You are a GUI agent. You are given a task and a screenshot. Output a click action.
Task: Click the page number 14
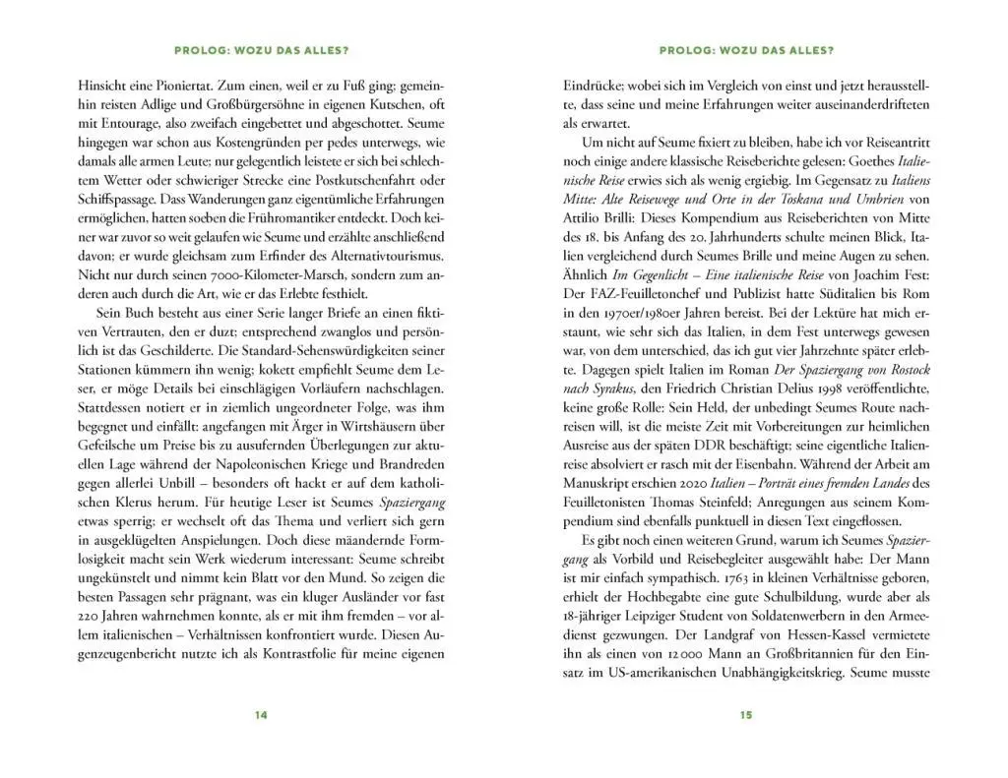tap(261, 715)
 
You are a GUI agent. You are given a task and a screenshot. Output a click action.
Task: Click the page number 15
tap(745, 715)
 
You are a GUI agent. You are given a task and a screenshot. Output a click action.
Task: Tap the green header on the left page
tap(261, 51)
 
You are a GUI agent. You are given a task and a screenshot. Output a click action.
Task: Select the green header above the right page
tap(745, 51)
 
